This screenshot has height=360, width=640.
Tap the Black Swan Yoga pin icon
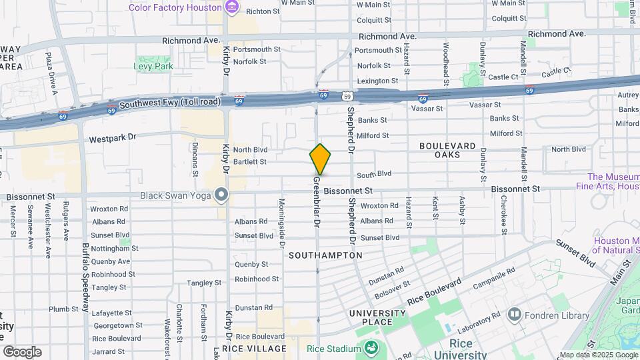tap(221, 195)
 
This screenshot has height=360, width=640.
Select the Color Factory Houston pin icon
tap(231, 7)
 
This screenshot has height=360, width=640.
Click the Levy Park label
tap(153, 66)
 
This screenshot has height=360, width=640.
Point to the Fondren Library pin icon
tap(513, 313)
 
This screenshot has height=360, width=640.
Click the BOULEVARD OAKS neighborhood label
tap(447, 150)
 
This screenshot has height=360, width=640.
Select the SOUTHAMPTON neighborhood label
tap(325, 255)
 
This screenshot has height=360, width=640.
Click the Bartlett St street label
tap(249, 161)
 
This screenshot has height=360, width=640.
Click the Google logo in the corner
tap(22, 351)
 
